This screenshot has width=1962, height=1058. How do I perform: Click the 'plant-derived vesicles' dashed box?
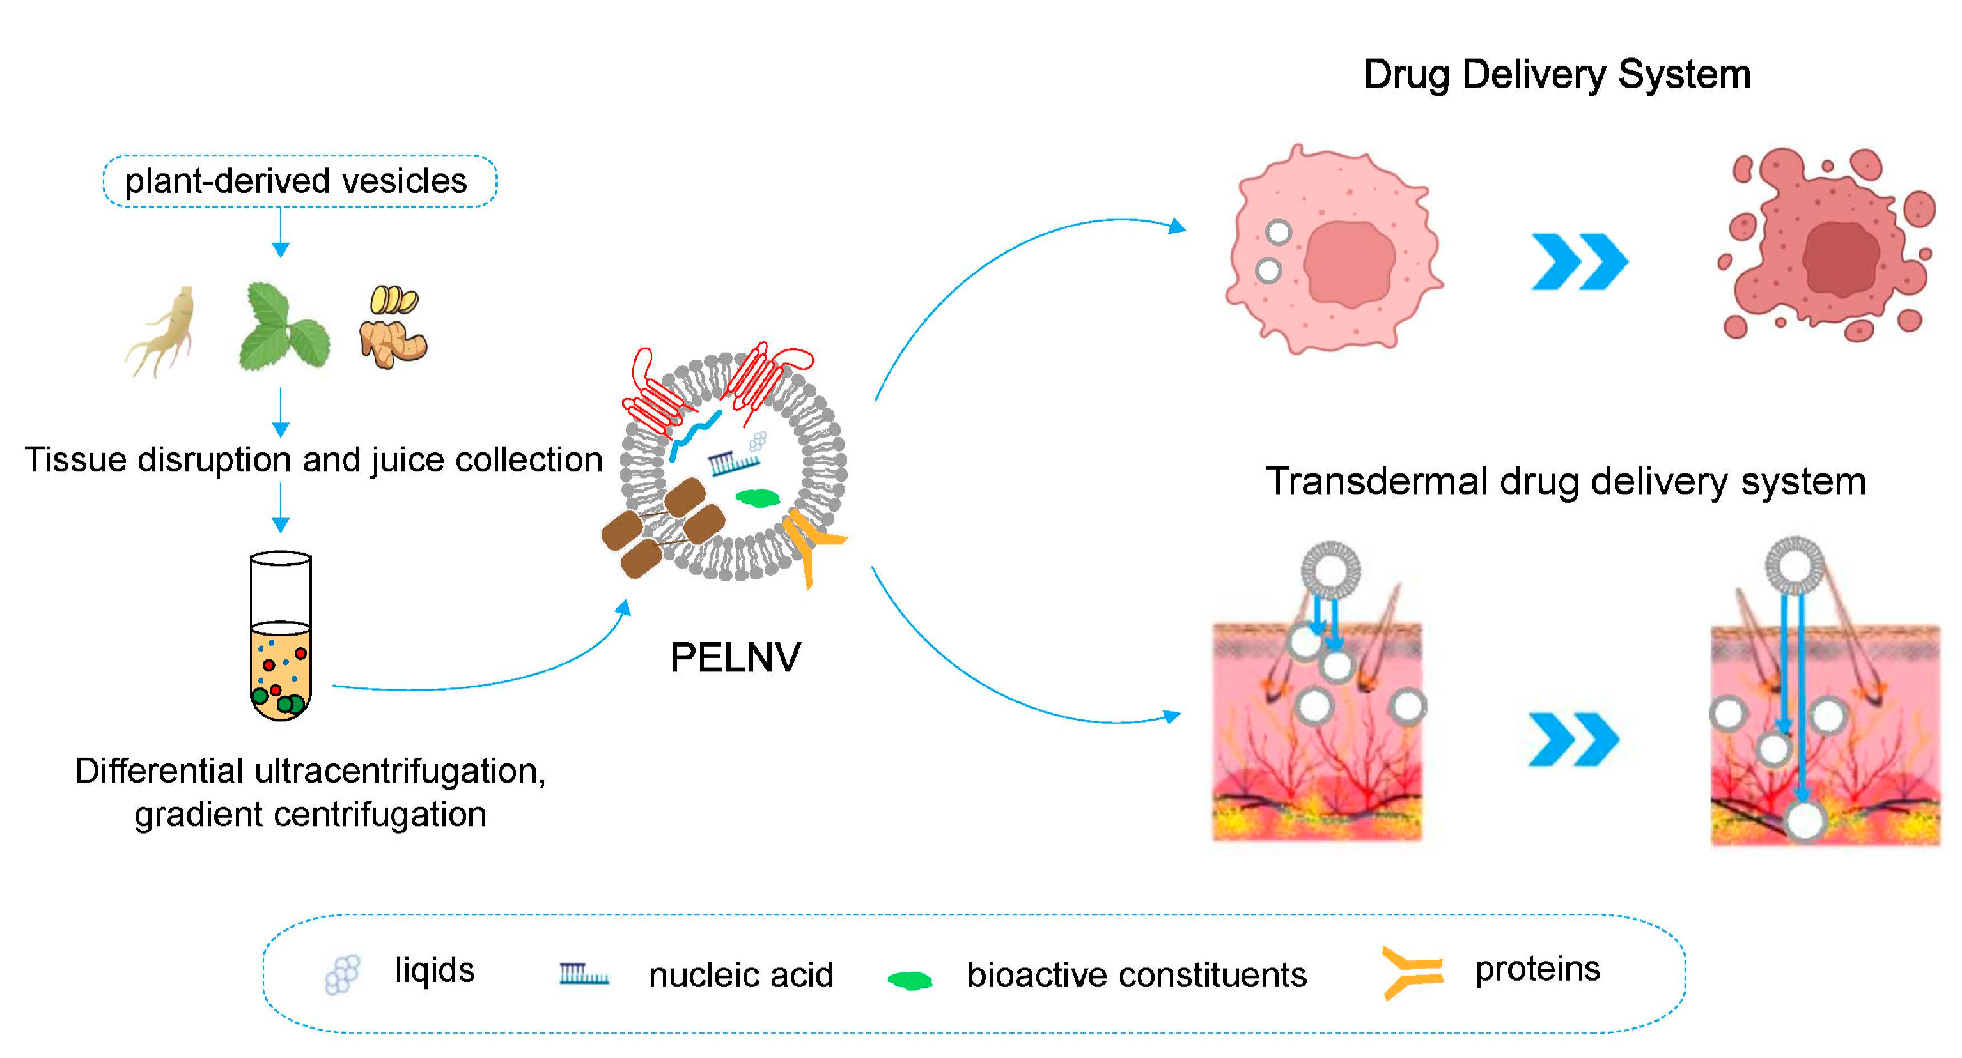point(299,181)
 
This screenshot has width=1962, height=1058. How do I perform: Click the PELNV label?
point(735,657)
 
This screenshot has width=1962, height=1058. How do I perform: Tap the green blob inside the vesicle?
point(757,498)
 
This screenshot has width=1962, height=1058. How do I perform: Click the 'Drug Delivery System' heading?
point(1556,75)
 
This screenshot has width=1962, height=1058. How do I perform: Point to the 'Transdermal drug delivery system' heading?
point(1565,481)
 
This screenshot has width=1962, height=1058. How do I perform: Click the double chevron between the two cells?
point(1579,262)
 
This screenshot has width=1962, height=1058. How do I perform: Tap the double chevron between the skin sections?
point(1573,739)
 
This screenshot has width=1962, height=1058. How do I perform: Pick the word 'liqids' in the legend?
point(434,970)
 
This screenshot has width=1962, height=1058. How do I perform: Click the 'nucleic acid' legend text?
point(740,974)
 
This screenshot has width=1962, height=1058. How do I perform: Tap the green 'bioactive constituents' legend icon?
point(910,979)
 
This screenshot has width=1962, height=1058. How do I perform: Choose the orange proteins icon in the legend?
point(1412,972)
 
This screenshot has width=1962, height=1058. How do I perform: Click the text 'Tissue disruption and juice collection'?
point(313,460)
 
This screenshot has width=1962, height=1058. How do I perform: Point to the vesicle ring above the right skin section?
point(1794,565)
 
